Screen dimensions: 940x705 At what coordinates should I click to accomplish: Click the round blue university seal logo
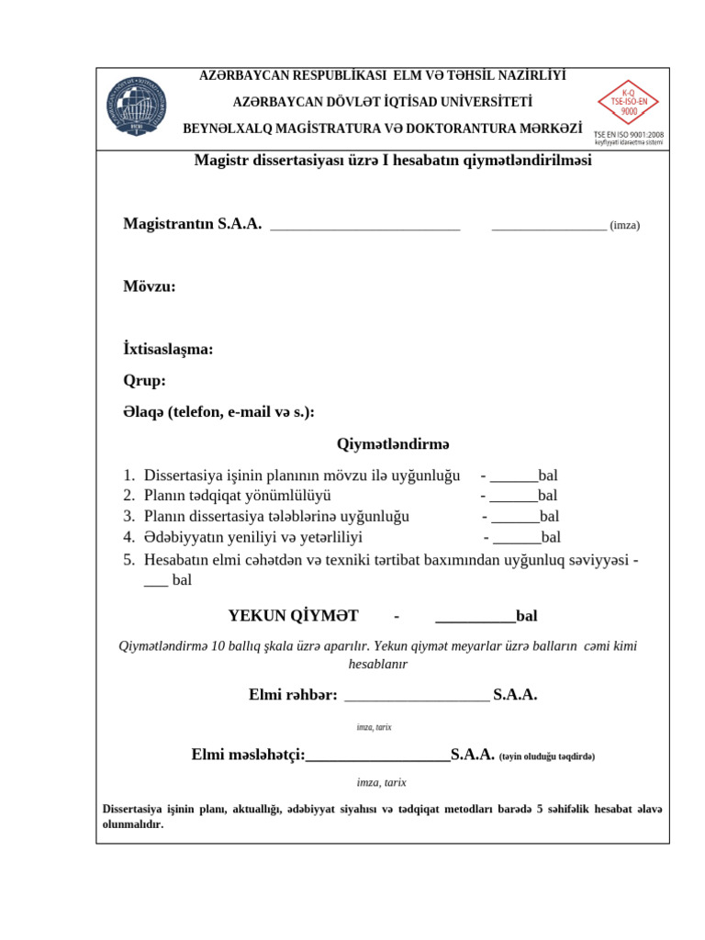[137, 108]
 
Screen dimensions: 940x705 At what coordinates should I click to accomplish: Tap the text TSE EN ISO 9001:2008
[629, 134]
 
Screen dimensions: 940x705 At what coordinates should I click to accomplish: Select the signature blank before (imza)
[549, 226]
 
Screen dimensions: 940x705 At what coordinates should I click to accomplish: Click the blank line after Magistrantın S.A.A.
[365, 226]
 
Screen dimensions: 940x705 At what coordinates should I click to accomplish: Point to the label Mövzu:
[150, 286]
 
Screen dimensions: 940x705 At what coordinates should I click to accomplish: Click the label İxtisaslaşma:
[168, 350]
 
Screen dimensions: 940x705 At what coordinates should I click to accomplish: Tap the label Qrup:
[144, 381]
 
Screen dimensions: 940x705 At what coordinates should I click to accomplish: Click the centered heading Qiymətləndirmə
[394, 444]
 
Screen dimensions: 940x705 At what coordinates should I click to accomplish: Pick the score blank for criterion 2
[514, 497]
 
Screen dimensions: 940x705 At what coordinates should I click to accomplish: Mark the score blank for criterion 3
[516, 517]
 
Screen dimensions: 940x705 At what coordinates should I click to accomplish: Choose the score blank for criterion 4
[518, 538]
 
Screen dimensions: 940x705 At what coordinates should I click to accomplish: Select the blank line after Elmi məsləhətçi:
[377, 756]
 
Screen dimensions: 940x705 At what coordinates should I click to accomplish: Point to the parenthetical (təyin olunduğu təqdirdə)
[547, 756]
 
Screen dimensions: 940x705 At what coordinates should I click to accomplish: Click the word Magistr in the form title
[220, 161]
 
